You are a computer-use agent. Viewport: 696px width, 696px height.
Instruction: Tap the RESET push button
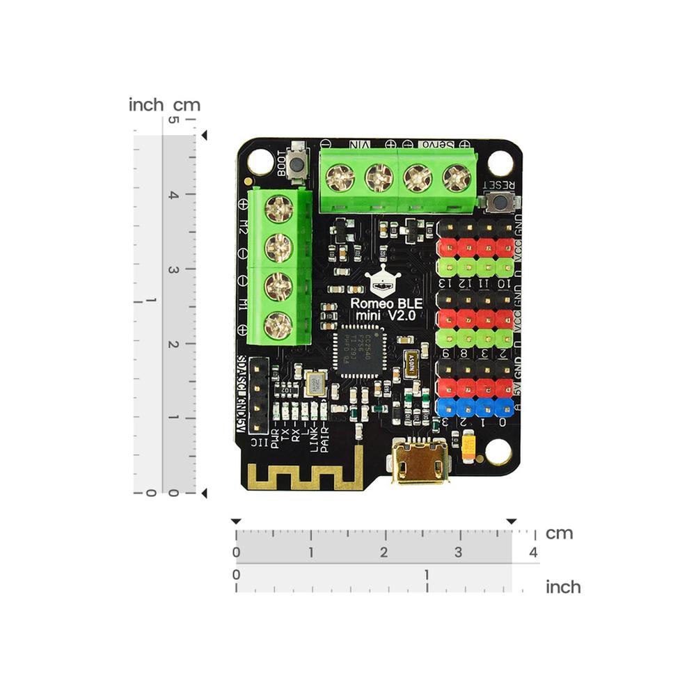[498, 203]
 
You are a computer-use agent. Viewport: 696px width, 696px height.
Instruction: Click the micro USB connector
[420, 462]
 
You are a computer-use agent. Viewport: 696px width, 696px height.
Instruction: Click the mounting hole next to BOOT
[260, 162]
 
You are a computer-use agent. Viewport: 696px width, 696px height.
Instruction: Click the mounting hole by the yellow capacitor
[498, 452]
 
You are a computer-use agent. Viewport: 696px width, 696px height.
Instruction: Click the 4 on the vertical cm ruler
[173, 196]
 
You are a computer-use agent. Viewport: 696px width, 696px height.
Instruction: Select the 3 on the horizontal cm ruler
[457, 553]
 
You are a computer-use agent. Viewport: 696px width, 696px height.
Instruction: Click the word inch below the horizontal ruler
[562, 587]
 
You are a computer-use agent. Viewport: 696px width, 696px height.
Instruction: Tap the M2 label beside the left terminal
[244, 227]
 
